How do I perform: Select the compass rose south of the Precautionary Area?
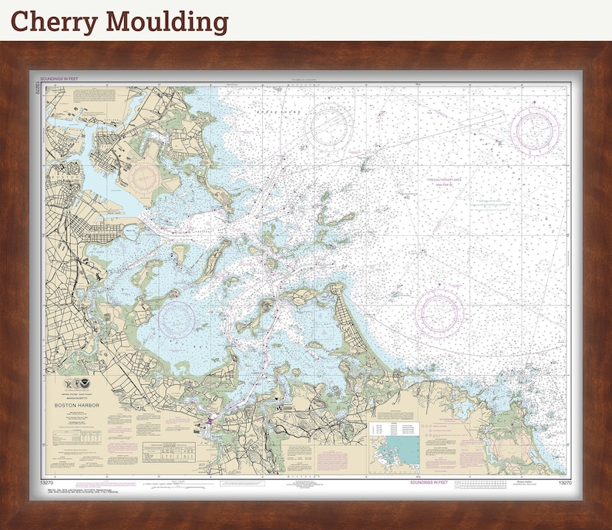coord(439,313)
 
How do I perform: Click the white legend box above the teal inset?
coord(394,426)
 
